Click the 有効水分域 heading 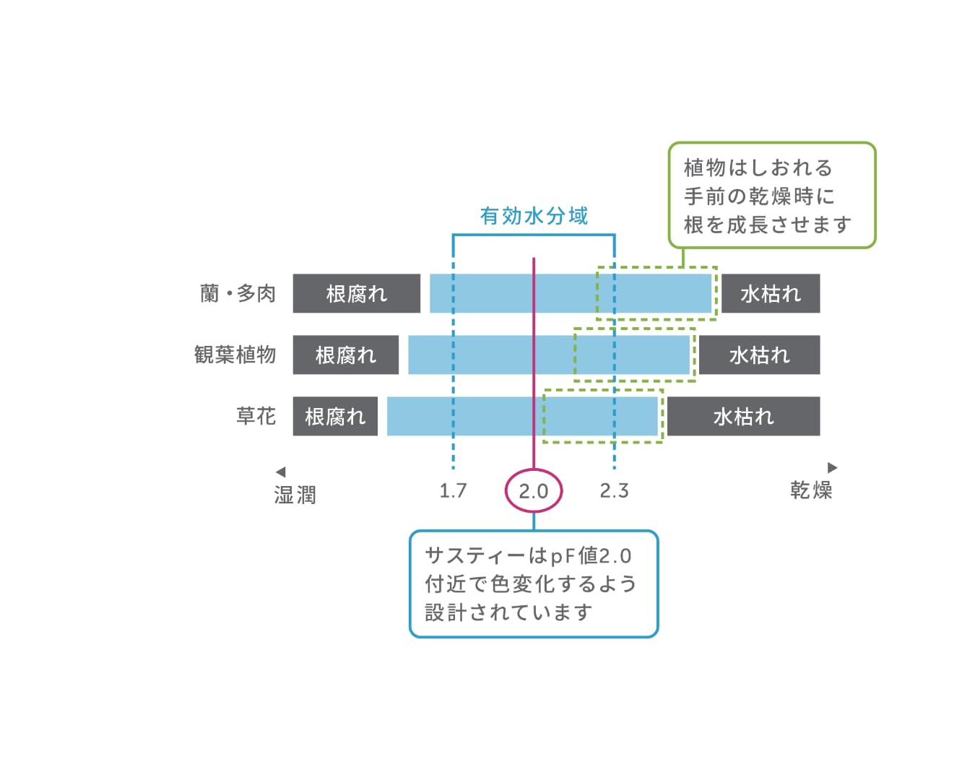[534, 216]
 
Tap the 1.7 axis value [453, 491]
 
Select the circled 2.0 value [534, 491]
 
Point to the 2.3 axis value [614, 491]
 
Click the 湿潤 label [295, 495]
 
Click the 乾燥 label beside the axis [811, 490]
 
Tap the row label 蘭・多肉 [238, 294]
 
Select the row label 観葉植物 [235, 355]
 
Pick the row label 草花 [256, 416]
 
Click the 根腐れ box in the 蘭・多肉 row [356, 294]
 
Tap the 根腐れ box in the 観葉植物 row [345, 355]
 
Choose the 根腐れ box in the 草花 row [335, 417]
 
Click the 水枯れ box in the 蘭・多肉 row [771, 294]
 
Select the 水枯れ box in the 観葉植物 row [759, 355]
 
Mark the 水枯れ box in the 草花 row [743, 417]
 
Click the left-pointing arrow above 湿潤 [281, 472]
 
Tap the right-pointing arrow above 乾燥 [832, 467]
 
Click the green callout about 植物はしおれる [771, 196]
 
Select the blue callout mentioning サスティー [534, 584]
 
